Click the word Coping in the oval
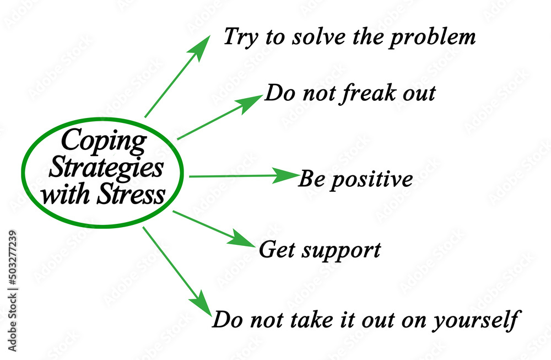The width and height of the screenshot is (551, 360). pyautogui.click(x=104, y=141)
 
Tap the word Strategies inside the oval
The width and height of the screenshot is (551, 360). pyautogui.click(x=106, y=168)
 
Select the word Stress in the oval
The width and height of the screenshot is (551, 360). pyautogui.click(x=131, y=194)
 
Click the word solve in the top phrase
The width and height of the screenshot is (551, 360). pyautogui.click(x=318, y=36)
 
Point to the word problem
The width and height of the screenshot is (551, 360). pyautogui.click(x=432, y=38)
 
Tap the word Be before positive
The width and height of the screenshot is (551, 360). pyautogui.click(x=312, y=179)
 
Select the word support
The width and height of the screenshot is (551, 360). pyautogui.click(x=341, y=251)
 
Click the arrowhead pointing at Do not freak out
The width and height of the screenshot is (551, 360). pyautogui.click(x=250, y=103)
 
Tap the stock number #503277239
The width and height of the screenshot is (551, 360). pyautogui.click(x=13, y=258)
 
